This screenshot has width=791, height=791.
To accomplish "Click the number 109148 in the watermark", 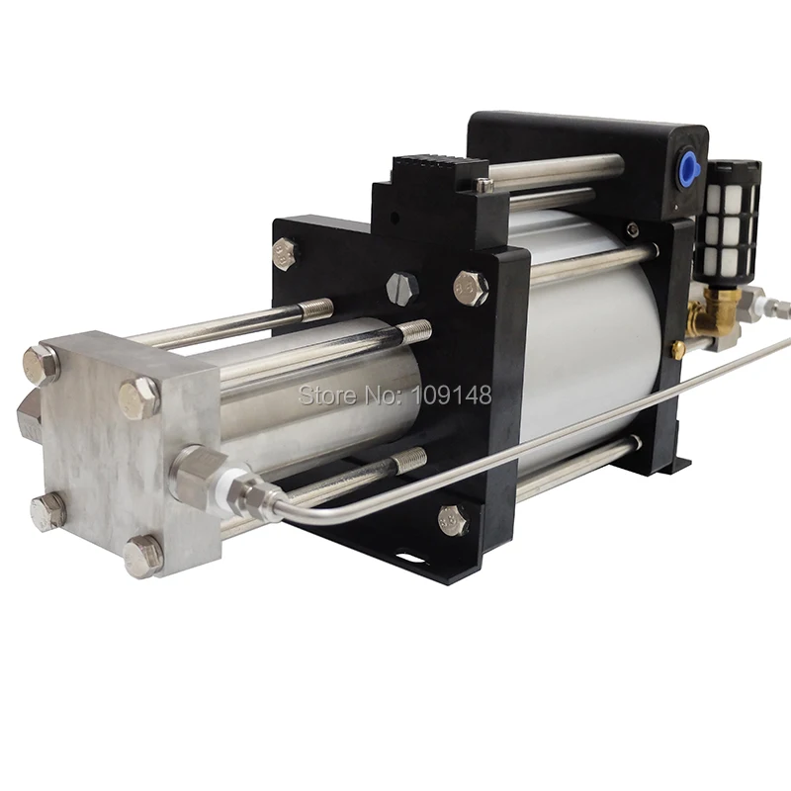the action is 453,395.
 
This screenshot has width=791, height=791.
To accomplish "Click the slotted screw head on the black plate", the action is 402,288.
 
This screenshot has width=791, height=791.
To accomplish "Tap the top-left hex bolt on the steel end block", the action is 41,363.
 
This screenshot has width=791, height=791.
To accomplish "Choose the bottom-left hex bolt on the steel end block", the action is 47,511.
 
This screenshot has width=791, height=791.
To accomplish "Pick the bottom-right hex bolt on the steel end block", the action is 143,557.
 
